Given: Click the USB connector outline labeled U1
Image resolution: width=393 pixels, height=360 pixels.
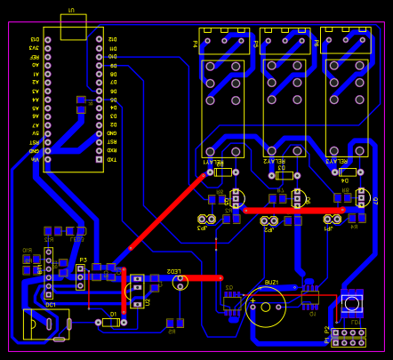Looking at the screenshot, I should point(73,27).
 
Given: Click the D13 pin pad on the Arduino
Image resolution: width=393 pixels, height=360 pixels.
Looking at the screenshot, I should point(99,39).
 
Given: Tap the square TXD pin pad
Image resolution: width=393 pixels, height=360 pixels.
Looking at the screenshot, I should point(99,159).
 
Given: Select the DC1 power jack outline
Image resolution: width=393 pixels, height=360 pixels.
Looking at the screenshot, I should point(45,324).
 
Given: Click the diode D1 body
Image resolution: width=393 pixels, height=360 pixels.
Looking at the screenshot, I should point(110,322).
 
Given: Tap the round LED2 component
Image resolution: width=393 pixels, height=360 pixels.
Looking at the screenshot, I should point(180,282).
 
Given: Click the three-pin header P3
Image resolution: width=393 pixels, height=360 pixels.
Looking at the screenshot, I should point(80,277).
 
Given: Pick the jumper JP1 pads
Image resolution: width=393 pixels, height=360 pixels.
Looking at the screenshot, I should point(333,219).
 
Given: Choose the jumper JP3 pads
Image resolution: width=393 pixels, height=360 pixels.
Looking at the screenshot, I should point(206,219).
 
